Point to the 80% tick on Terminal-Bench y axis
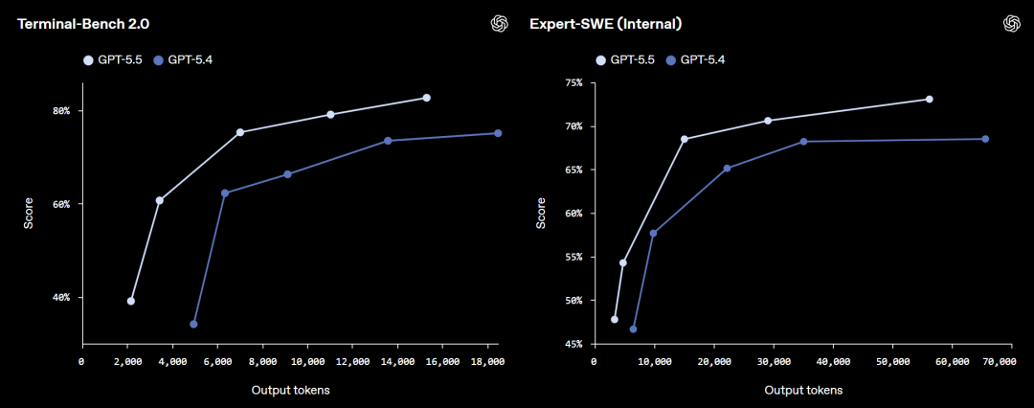click(61, 111)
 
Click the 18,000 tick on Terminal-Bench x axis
click(488, 361)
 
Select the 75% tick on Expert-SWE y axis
click(573, 83)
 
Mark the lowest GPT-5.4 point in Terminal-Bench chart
click(193, 324)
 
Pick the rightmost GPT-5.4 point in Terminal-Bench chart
click(498, 133)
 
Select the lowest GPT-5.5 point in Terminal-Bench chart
click(130, 301)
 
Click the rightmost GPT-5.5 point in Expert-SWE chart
click(929, 99)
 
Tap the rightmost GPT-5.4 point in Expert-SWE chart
click(985, 139)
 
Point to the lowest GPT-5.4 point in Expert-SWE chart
click(633, 329)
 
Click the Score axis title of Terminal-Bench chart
click(28, 214)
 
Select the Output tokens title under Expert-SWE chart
click(803, 390)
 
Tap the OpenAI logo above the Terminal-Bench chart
click(498, 23)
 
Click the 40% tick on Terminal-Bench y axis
click(61, 298)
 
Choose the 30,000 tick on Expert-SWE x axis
click(774, 361)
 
